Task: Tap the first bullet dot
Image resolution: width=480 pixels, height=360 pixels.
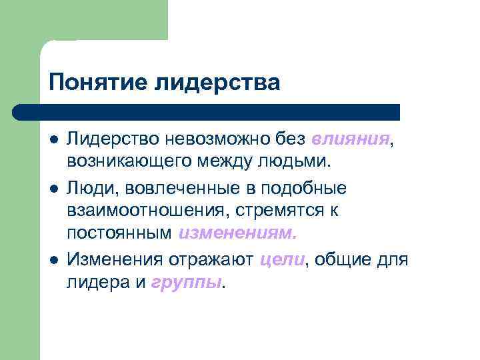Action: (x=53, y=139)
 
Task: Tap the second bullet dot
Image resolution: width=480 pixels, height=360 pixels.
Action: (x=53, y=188)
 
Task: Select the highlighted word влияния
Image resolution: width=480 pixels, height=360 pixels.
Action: (x=350, y=139)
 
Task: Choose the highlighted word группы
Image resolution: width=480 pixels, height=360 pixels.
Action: (x=189, y=283)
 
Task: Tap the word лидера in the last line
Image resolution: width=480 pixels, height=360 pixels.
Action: (x=96, y=283)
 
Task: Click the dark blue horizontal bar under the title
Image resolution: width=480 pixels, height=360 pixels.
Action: (x=207, y=111)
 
